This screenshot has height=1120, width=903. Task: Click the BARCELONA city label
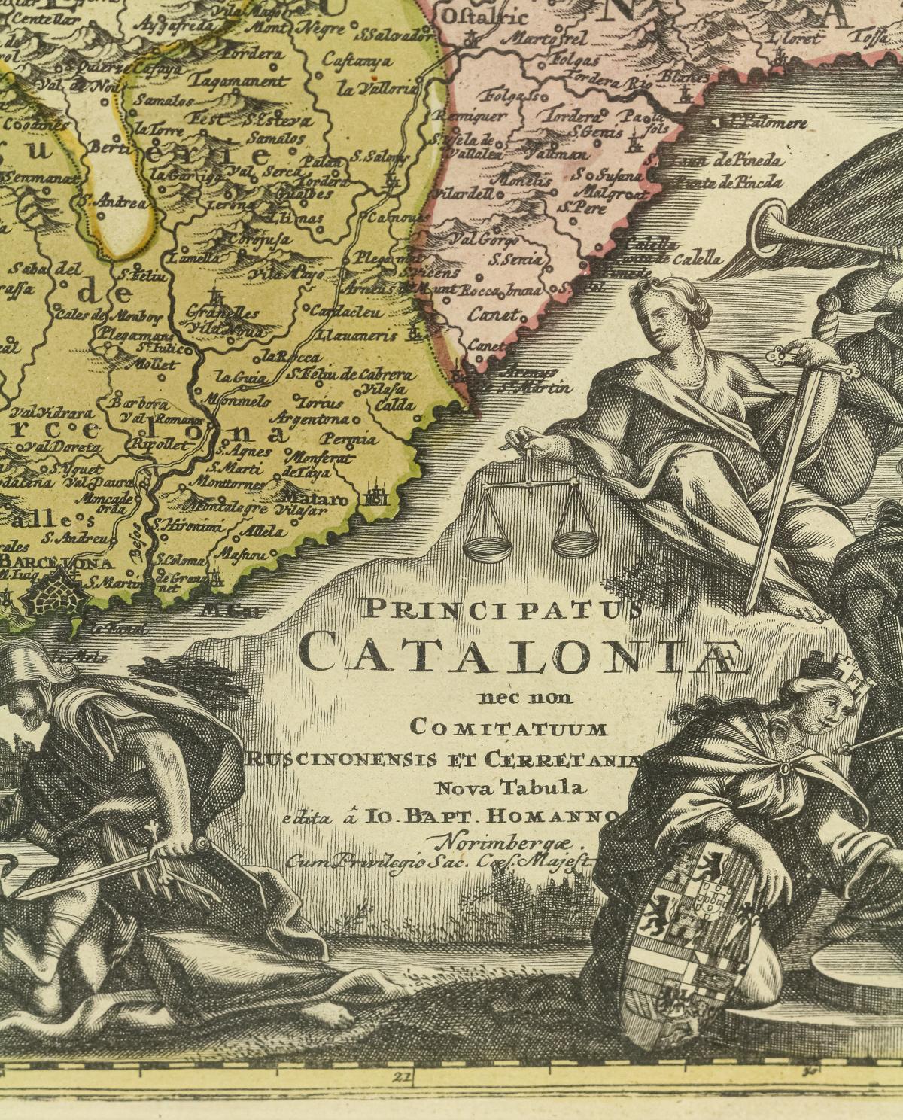[x=57, y=563]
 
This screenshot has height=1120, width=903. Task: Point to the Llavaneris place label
[x=357, y=336]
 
